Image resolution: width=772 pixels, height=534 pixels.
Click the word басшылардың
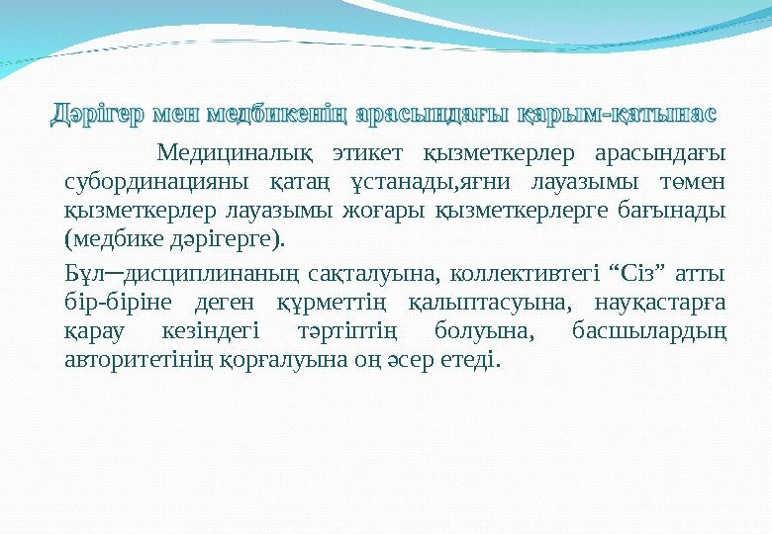[x=649, y=329]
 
